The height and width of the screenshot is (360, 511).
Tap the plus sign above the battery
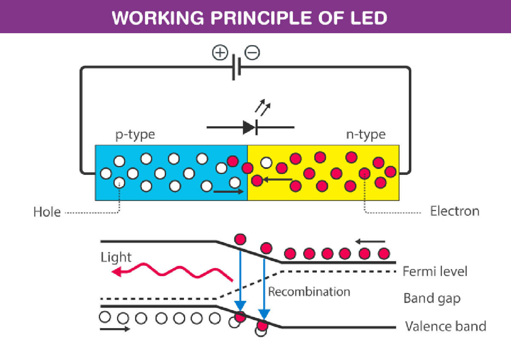220,53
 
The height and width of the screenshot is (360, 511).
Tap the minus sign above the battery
252,53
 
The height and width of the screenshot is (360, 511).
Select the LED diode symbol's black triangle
249,127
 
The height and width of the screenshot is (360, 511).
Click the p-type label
135,135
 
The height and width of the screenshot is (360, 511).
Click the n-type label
365,135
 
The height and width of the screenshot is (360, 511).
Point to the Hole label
47,211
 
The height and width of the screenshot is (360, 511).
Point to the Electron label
454,211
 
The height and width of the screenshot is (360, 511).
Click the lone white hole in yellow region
266,163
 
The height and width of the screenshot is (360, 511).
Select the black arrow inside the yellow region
277,180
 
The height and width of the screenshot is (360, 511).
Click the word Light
116,257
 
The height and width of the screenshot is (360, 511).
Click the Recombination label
309,291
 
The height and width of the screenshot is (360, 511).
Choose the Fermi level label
435,271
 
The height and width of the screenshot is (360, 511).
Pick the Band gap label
432,298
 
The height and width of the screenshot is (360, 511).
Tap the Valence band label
445,326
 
